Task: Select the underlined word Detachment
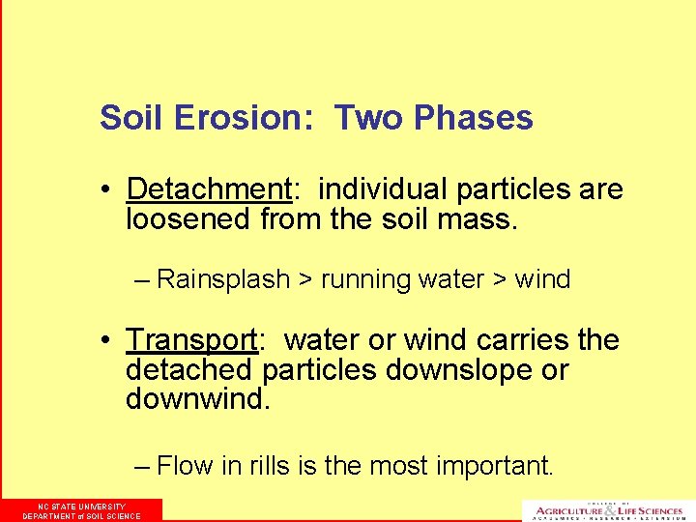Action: [208, 188]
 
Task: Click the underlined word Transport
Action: [191, 340]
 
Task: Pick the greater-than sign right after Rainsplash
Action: [305, 280]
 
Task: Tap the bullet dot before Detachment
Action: [112, 189]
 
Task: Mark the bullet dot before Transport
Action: [112, 341]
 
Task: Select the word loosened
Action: [189, 219]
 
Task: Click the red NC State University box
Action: [81, 510]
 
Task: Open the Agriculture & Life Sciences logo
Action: [604, 510]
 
